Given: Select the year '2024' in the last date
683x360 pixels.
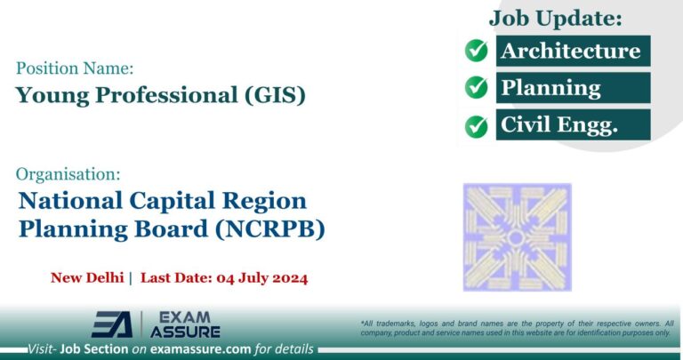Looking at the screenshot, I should [285, 278].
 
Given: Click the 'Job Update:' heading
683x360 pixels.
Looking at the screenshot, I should [556, 17].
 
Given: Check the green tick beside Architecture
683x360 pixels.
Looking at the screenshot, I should [477, 51].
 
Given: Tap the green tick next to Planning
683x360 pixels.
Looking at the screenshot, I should [477, 88].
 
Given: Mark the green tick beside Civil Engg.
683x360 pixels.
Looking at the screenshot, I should [477, 124].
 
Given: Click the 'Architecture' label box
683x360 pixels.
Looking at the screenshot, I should [571, 51].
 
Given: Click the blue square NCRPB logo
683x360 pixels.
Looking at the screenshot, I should [517, 237].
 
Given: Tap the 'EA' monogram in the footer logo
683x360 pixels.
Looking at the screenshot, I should [112, 324].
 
